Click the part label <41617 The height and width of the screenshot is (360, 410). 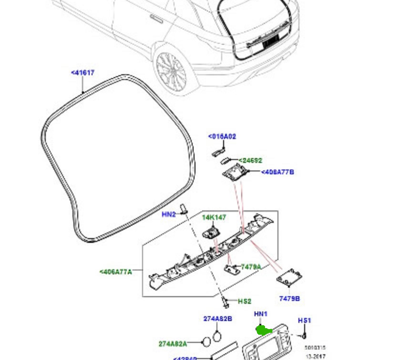point(82,73)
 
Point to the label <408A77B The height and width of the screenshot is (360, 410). point(277,172)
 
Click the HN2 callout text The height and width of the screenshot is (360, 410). point(169,215)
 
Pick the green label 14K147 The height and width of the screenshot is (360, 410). point(214,218)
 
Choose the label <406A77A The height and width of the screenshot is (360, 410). point(116,272)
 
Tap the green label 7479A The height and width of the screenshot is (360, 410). point(251,267)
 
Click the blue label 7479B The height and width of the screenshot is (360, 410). point(289,299)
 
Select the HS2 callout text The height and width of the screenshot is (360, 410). point(245,301)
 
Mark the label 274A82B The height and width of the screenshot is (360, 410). point(217,319)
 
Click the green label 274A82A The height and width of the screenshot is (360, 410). point(173,343)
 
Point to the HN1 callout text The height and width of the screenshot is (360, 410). point(261,314)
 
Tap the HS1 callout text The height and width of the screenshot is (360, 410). point(305,321)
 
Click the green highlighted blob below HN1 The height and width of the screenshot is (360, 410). point(263,330)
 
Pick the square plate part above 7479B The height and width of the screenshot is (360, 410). point(289,278)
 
